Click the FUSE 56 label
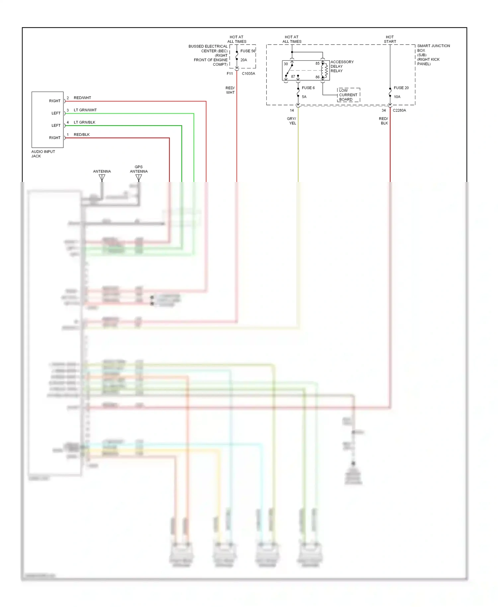[248, 51]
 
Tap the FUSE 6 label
[308, 88]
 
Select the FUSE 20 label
[401, 88]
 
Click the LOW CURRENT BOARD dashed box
[348, 95]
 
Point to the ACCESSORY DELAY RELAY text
[342, 66]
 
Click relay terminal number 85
[317, 63]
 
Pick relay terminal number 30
[286, 64]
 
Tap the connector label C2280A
[399, 110]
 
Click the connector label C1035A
[248, 73]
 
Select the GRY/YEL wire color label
[292, 121]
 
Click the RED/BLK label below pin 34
[383, 121]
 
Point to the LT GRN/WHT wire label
[85, 110]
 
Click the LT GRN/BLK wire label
[84, 122]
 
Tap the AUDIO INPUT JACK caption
[43, 154]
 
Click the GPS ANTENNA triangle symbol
[139, 178]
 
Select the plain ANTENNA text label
[102, 171]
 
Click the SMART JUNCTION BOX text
[433, 48]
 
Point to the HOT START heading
[390, 39]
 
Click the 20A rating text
[244, 60]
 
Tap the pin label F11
[230, 73]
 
